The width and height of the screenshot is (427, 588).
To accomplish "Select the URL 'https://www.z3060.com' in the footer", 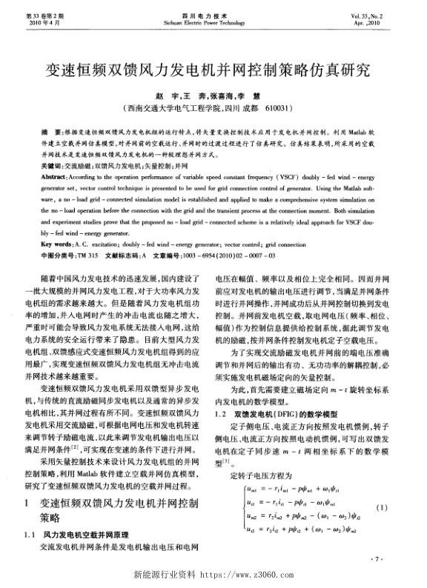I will pyautogui.click(x=256, y=575).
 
